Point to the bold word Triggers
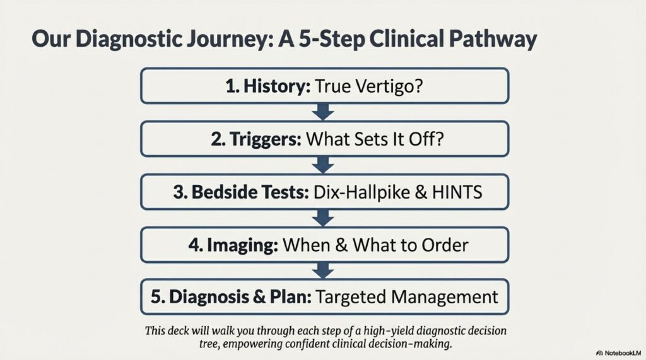click(x=266, y=139)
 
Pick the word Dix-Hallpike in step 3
click(x=361, y=192)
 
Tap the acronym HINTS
click(x=457, y=192)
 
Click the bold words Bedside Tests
click(x=250, y=192)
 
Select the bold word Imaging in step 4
click(x=242, y=245)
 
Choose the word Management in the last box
click(x=445, y=297)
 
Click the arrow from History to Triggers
click(x=323, y=112)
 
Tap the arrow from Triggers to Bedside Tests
click(x=323, y=165)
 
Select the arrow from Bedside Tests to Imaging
click(x=323, y=218)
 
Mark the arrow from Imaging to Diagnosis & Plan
click(x=323, y=270)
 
